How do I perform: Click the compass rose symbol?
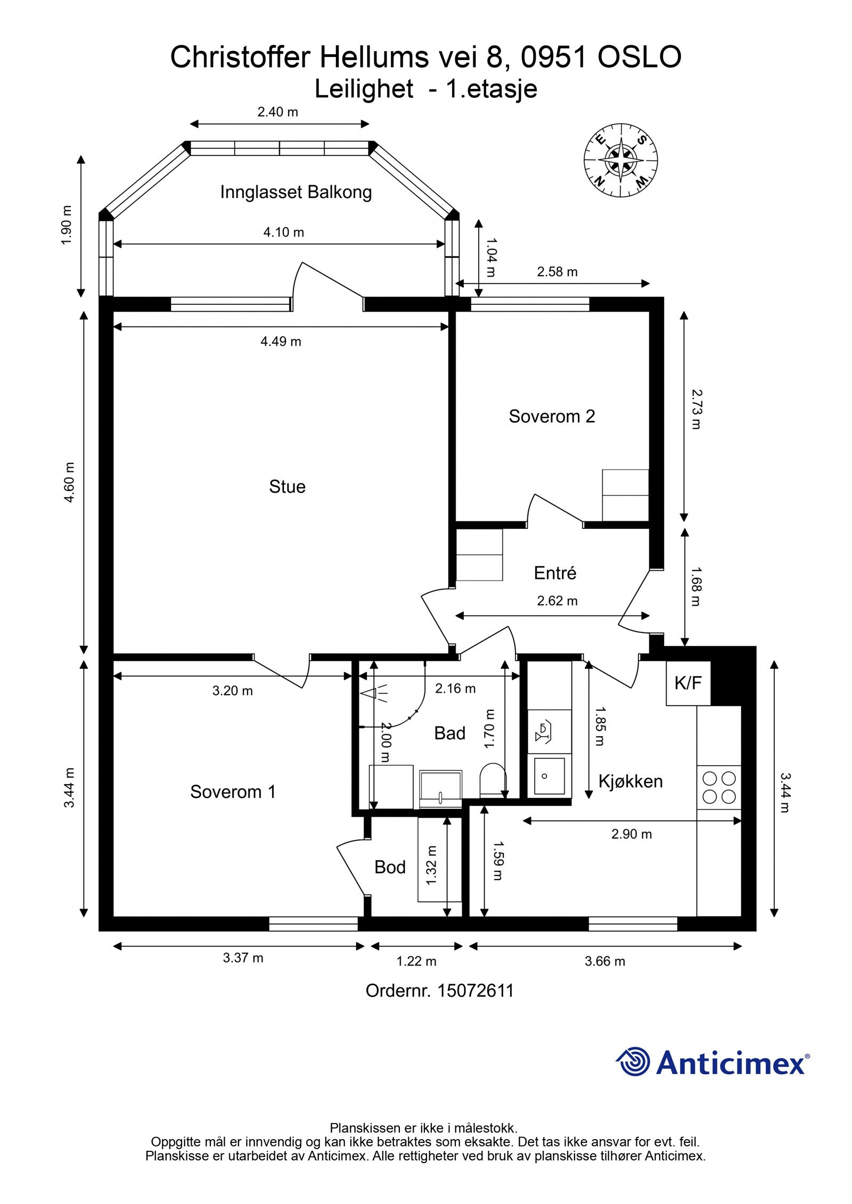click(620, 159)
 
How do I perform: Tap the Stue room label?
click(287, 487)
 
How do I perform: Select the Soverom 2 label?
click(552, 416)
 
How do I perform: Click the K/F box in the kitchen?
click(688, 683)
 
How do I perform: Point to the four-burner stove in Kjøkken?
click(719, 787)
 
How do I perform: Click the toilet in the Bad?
click(492, 780)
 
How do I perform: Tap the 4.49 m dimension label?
click(281, 342)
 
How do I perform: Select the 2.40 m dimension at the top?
click(277, 112)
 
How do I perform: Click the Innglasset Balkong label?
click(296, 192)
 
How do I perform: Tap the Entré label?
click(555, 573)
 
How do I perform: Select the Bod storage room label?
click(390, 867)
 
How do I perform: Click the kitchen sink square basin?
click(548, 776)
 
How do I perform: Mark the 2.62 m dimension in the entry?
click(557, 601)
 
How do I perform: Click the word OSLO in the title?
click(639, 57)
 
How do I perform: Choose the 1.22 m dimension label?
click(416, 961)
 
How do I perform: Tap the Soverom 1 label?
click(233, 792)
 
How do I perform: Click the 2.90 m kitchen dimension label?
click(631, 834)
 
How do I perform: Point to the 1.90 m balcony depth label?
click(67, 225)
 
